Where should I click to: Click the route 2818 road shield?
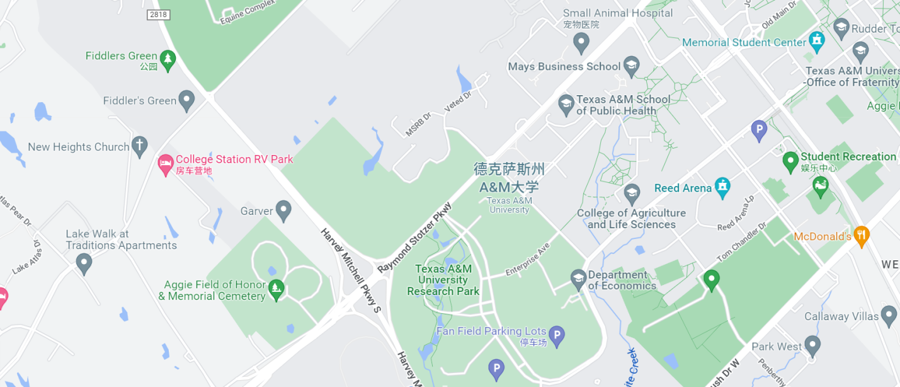point(159,14)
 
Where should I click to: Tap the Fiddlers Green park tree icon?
point(167,60)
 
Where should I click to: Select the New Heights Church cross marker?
point(139,146)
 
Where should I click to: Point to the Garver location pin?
point(283,210)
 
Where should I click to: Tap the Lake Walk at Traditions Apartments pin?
point(84,263)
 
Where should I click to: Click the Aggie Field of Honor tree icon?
point(276,289)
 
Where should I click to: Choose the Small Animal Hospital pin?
point(581,43)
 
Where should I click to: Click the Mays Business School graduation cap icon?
point(631,65)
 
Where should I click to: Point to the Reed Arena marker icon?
point(722,187)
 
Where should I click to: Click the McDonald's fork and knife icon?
point(861,236)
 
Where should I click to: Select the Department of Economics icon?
point(578,279)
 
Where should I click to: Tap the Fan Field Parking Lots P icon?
point(555,336)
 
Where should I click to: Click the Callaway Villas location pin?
point(889,315)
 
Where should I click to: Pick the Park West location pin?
point(812,345)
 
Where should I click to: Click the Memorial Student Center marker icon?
point(816,41)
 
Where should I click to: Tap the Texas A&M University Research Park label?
point(443,279)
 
